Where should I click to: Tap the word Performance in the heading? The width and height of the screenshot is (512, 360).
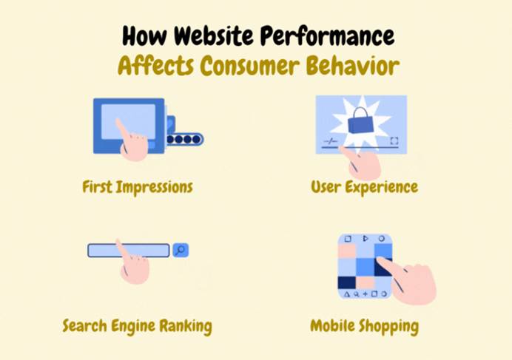click(328, 36)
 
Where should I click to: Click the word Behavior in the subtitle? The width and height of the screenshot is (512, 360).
click(353, 66)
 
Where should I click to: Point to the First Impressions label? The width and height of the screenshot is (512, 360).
click(138, 187)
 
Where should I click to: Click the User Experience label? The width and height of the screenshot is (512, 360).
click(365, 187)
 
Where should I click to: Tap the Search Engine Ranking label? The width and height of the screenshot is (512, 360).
click(137, 326)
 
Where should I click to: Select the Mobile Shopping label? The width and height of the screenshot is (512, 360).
click(365, 326)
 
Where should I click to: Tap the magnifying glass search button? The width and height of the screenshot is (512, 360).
click(181, 250)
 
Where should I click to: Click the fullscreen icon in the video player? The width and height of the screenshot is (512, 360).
click(394, 140)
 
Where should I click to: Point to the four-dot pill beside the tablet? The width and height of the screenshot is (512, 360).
click(184, 140)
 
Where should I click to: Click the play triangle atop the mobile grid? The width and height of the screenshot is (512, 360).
click(366, 239)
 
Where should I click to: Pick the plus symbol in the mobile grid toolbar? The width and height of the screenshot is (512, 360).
click(365, 293)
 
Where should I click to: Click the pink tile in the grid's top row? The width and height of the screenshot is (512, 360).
click(347, 251)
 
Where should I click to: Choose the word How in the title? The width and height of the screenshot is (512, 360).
click(144, 35)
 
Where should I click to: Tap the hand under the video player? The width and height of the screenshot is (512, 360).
click(361, 163)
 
